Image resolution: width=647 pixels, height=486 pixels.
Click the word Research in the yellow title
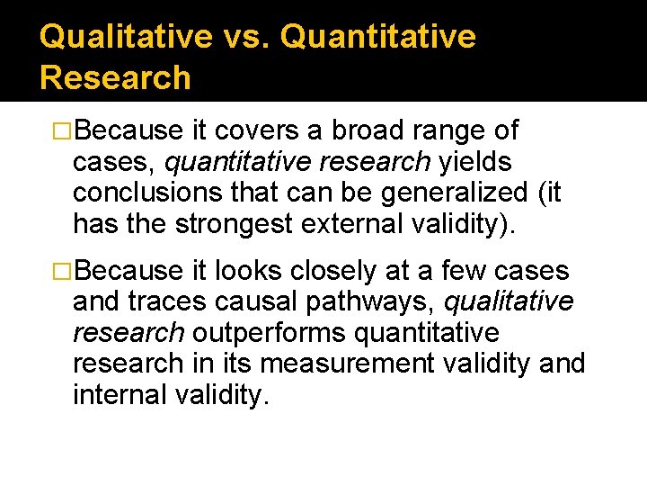(115, 77)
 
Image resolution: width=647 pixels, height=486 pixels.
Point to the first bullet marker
(64, 131)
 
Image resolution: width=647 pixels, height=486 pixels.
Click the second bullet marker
(64, 270)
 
